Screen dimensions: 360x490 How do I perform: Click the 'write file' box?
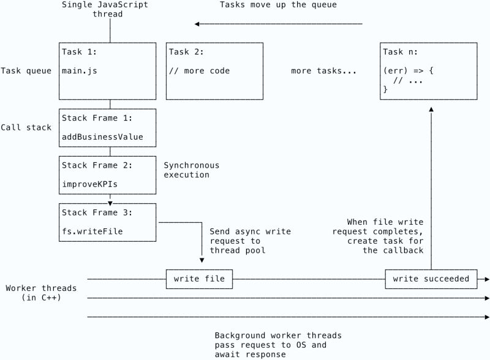tap(199, 279)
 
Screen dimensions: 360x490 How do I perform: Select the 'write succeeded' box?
tap(431, 279)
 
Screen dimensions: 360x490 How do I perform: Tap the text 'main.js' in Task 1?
tap(79, 71)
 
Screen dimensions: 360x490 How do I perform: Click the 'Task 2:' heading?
tap(187, 51)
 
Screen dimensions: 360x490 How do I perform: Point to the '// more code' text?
tap(199, 71)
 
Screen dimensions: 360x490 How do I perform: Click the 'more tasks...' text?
tap(323, 71)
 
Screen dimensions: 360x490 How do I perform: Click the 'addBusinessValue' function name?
tap(102, 137)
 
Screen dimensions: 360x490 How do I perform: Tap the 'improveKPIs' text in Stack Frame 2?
tap(89, 183)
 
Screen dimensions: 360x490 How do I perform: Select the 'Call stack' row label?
tap(26, 127)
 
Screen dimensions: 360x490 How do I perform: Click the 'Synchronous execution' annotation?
tap(191, 170)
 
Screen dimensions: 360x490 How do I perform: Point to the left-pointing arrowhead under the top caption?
tap(198, 24)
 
